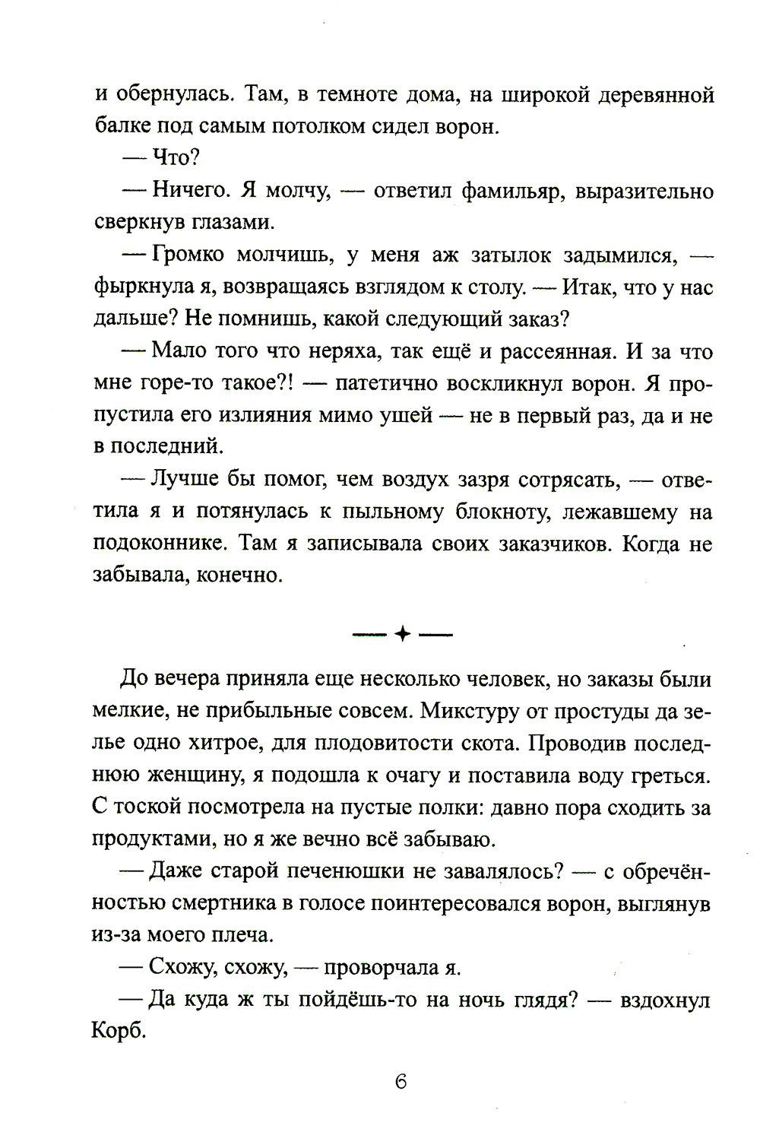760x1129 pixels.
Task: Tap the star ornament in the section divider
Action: [x=401, y=633]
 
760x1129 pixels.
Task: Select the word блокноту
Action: [x=492, y=512]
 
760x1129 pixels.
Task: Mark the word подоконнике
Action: [x=159, y=544]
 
